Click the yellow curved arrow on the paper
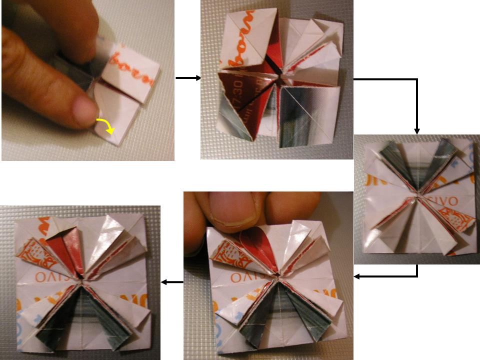(x=106, y=126)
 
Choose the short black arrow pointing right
(x=188, y=78)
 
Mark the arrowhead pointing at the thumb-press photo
(x=357, y=276)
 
